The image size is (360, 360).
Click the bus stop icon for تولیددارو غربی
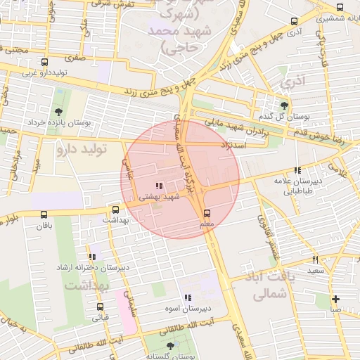[x=45, y=63]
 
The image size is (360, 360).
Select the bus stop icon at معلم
[x=207, y=213]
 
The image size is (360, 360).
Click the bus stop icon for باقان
[x=44, y=214]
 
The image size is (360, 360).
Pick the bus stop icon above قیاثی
[x=100, y=307]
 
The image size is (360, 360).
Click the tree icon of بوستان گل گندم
[x=284, y=105]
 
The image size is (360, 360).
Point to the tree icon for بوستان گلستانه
[x=170, y=346]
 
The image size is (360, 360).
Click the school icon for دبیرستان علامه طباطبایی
[x=297, y=170]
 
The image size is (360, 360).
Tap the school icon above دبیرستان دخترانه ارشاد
[x=92, y=257]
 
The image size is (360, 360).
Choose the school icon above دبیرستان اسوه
[x=188, y=297]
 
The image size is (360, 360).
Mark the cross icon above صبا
[x=335, y=299]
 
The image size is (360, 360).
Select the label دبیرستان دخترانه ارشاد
[x=92, y=269]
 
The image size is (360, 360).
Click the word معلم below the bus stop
[x=207, y=224]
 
